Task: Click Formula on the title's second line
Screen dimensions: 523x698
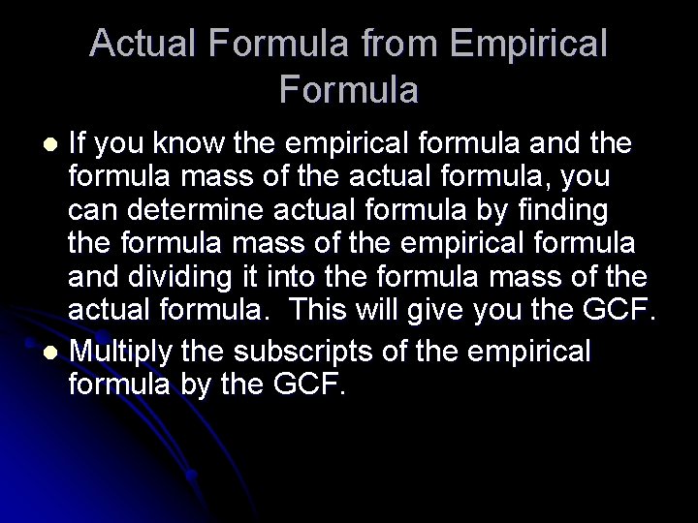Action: point(349,90)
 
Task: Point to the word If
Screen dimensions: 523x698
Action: point(77,144)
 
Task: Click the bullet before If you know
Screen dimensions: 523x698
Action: point(54,145)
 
